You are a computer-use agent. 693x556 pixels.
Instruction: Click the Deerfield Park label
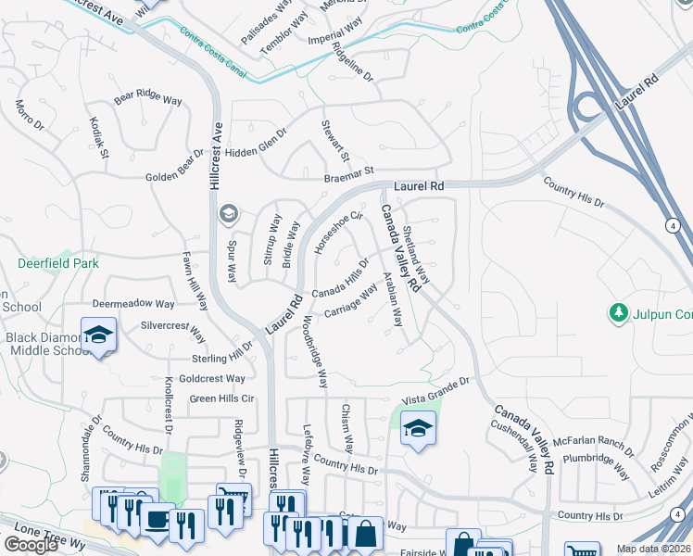click(57, 263)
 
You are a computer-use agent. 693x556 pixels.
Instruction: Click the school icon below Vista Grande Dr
click(418, 428)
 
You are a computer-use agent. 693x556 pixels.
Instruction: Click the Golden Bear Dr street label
click(174, 165)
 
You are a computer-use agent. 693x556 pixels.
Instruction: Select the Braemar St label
click(347, 171)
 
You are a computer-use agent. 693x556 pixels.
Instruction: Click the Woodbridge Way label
click(315, 352)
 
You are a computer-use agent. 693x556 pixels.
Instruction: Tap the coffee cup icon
click(157, 518)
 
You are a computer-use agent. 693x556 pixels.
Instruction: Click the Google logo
click(31, 545)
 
